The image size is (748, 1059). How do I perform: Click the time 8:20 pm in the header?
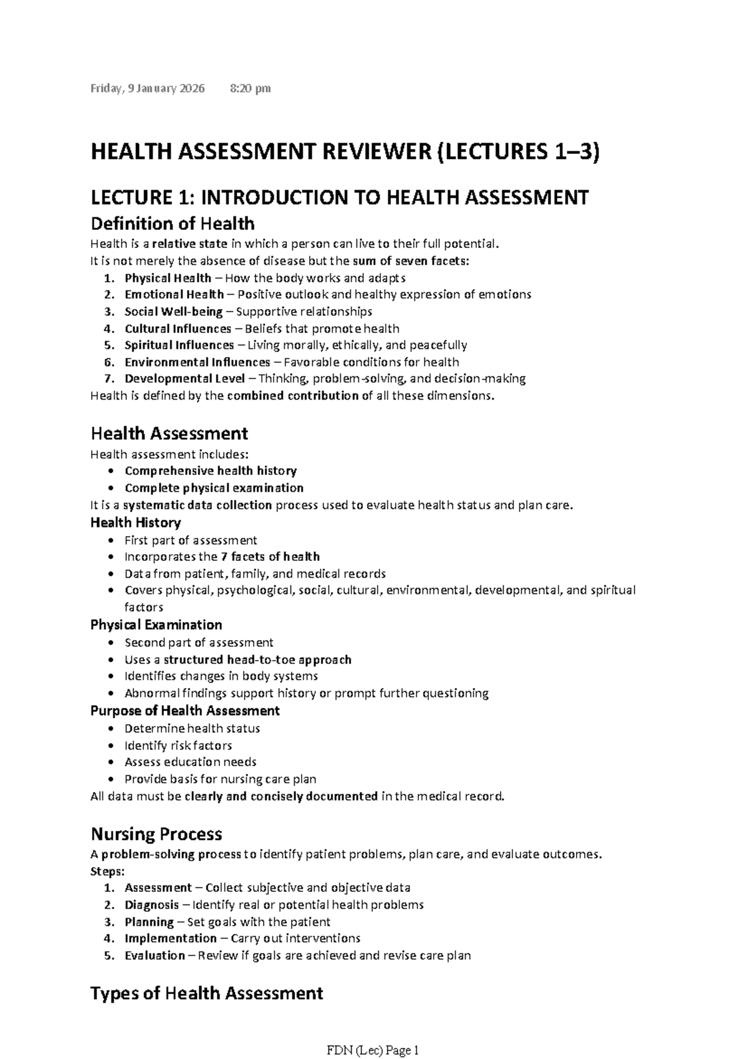(x=250, y=89)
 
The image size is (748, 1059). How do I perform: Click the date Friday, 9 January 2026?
(x=148, y=89)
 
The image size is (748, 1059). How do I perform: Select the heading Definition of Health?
(x=172, y=224)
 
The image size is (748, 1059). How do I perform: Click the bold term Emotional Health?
(x=174, y=295)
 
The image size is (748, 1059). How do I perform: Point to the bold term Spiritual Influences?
(x=179, y=345)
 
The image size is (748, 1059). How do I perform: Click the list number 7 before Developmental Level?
(x=109, y=379)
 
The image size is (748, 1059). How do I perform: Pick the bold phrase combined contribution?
(x=292, y=396)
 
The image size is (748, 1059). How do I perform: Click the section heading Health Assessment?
(x=169, y=434)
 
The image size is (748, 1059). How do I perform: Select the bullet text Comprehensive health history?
(x=210, y=471)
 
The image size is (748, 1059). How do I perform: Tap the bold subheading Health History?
(x=135, y=523)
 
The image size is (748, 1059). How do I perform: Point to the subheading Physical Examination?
(x=156, y=625)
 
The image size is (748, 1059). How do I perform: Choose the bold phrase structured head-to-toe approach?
(x=257, y=660)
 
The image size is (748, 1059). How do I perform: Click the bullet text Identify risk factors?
(x=178, y=746)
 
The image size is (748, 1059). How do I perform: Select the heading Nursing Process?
(x=156, y=835)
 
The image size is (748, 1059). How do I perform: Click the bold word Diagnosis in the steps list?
(x=151, y=905)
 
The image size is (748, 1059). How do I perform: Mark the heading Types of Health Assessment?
(x=206, y=994)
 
